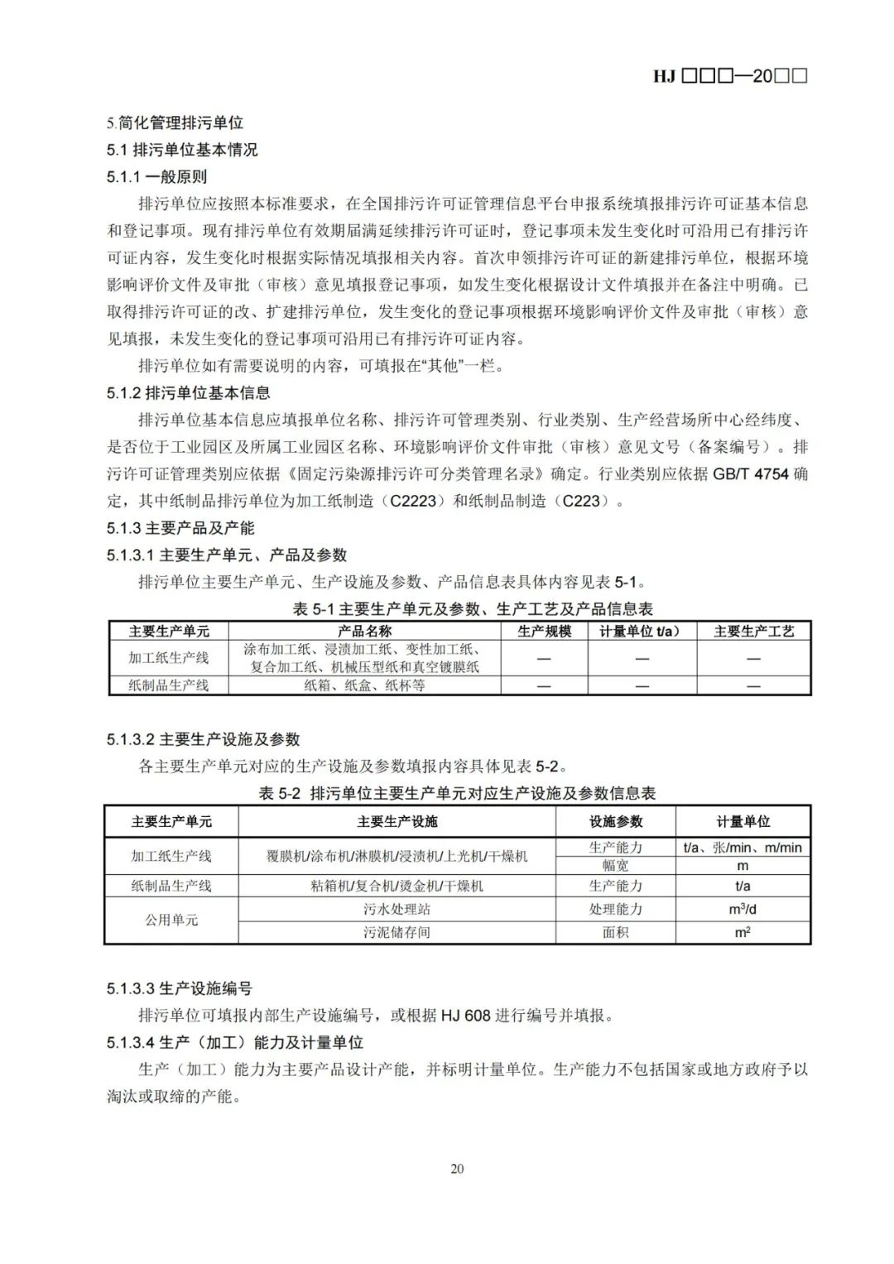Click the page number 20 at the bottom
click(457, 1168)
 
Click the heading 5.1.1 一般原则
click(156, 176)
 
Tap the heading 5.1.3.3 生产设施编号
click(179, 988)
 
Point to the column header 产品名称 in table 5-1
click(364, 631)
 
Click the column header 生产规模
click(544, 631)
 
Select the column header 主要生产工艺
click(753, 631)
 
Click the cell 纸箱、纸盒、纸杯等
click(364, 685)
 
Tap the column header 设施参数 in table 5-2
click(615, 821)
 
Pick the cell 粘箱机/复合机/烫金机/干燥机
click(397, 886)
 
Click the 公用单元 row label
click(171, 920)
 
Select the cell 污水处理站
click(397, 909)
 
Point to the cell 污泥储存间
click(397, 932)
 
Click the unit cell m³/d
click(743, 909)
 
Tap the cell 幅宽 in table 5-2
click(615, 866)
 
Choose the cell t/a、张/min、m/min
click(743, 848)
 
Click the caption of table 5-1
click(473, 609)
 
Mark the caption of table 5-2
click(457, 793)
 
